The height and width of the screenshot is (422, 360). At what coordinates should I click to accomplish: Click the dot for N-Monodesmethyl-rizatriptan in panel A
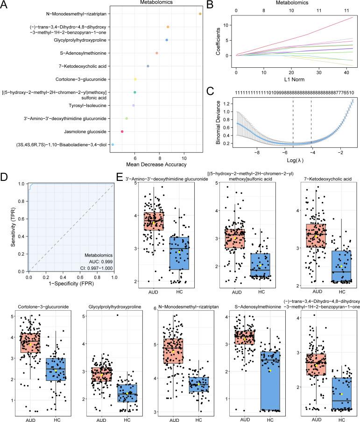(x=200, y=14)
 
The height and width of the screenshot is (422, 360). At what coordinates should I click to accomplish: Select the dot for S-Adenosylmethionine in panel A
(x=157, y=53)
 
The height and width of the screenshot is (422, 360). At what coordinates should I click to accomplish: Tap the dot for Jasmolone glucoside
(x=122, y=132)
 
